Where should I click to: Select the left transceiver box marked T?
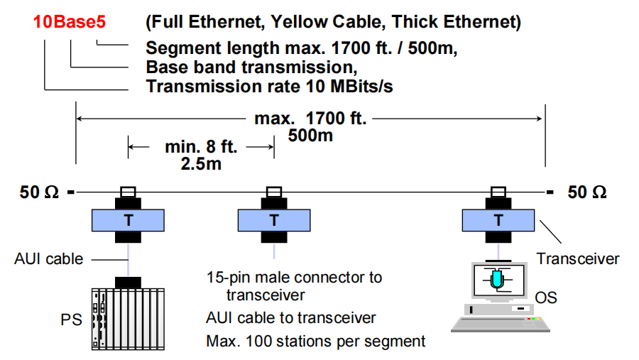click(x=128, y=220)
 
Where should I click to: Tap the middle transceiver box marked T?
click(x=274, y=220)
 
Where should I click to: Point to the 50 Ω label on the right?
click(x=587, y=192)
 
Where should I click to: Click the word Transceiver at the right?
click(x=577, y=258)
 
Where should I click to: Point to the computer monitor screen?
click(x=497, y=281)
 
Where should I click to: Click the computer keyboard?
click(x=501, y=324)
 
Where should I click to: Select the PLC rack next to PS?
click(x=128, y=317)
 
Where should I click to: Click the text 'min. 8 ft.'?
click(x=201, y=147)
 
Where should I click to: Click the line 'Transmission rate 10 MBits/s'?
click(x=269, y=87)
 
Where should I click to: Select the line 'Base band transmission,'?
click(x=251, y=68)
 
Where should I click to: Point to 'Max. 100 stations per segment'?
click(x=316, y=341)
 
